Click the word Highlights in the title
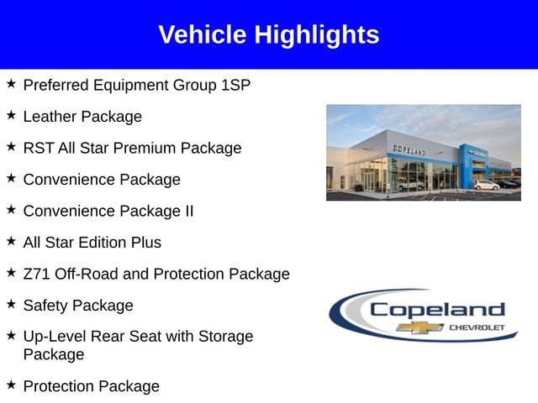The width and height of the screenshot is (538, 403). click(317, 35)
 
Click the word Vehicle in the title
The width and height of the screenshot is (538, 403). click(203, 34)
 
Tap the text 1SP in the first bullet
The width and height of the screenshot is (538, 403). click(235, 85)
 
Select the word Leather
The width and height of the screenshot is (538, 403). click(50, 117)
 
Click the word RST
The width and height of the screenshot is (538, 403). click(39, 148)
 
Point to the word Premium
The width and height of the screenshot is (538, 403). click(145, 148)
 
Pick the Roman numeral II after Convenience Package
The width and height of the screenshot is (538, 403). click(189, 211)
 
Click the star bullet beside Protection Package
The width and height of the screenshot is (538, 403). click(11, 385)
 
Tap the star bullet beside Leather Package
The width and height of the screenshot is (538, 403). click(11, 115)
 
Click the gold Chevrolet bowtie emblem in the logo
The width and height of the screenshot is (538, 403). click(420, 327)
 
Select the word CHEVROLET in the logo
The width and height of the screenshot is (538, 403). click(477, 327)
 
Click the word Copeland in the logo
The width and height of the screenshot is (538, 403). click(437, 310)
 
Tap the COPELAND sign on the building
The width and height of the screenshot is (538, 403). click(409, 149)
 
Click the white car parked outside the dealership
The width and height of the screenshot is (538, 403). click(487, 185)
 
